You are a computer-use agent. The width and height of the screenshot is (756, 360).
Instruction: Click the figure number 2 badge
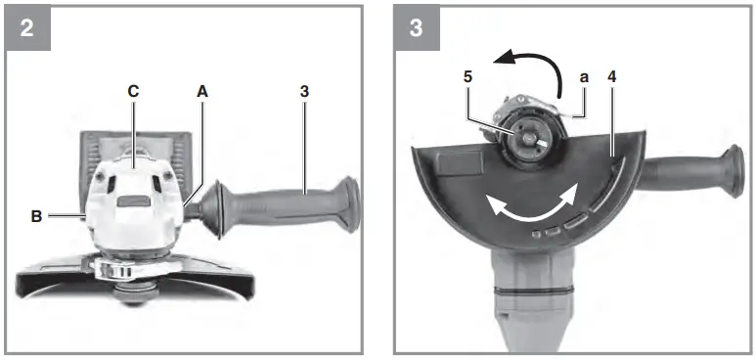[26, 26]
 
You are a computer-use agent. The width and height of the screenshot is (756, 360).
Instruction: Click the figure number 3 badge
[416, 26]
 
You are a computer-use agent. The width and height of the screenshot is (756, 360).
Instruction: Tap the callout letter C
[133, 90]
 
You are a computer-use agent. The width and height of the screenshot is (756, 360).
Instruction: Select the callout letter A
[202, 90]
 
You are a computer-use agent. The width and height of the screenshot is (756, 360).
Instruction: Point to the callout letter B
[36, 217]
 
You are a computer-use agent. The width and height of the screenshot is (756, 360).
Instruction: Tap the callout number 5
[467, 75]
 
